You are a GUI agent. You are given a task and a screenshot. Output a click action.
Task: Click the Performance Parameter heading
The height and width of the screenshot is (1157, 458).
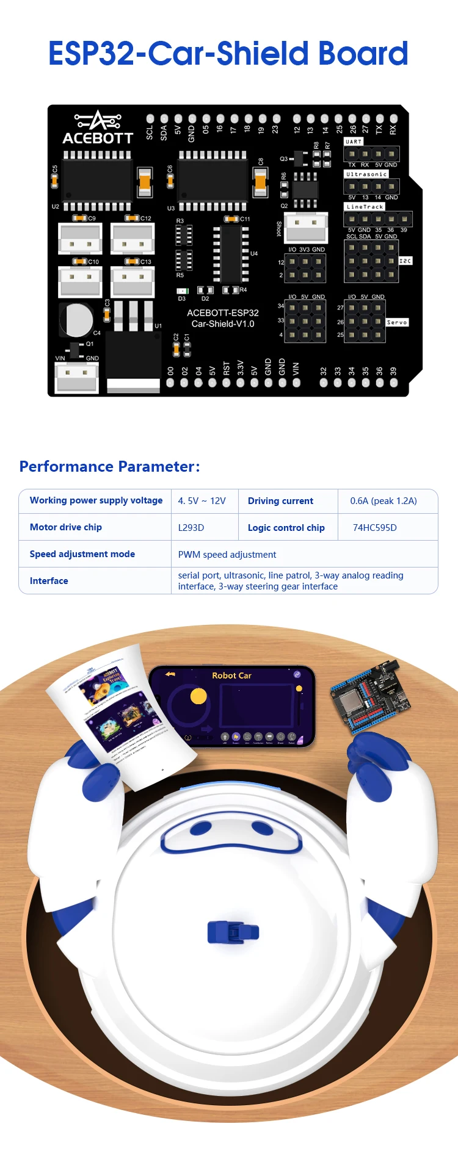click(109, 467)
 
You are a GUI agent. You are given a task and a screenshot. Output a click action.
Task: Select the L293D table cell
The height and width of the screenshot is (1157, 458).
click(191, 528)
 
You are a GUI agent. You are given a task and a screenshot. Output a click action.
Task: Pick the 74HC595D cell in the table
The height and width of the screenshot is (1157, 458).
click(374, 528)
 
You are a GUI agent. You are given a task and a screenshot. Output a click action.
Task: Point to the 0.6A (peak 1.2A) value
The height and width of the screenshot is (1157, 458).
click(383, 501)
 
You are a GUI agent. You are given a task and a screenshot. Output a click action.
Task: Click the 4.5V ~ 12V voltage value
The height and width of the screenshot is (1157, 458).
click(202, 501)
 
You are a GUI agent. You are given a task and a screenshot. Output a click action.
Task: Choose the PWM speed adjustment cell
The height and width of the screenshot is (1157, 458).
click(227, 555)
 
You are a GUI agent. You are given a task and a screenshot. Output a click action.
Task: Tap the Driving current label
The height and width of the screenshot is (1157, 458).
click(280, 501)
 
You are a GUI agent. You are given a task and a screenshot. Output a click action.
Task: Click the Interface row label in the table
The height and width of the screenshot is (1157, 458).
click(49, 581)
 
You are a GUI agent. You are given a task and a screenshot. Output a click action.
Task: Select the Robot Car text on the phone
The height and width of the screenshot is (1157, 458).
click(231, 676)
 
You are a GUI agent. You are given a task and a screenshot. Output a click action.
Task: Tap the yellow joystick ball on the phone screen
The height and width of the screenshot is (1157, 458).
click(198, 696)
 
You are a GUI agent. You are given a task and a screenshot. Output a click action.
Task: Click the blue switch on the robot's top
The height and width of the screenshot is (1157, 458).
click(233, 932)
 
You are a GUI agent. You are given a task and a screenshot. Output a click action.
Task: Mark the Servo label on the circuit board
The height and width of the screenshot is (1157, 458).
click(397, 322)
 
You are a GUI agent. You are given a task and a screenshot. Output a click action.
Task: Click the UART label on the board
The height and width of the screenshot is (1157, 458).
click(354, 142)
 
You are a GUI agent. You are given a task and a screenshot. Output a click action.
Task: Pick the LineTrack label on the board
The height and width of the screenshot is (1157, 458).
click(365, 207)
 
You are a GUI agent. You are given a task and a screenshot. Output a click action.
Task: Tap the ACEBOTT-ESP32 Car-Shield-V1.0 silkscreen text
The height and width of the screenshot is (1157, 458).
click(223, 319)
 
